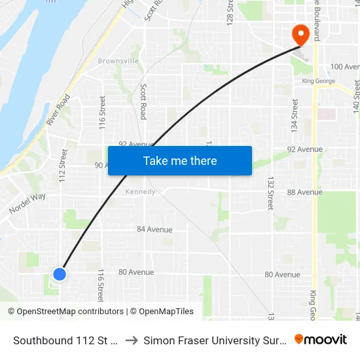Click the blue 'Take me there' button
[x=180, y=161]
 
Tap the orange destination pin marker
[x=301, y=35]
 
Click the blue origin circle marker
[x=60, y=274]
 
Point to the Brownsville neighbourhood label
[x=118, y=61]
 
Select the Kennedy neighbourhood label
[x=141, y=192]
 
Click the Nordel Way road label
[x=27, y=204]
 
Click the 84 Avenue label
[x=154, y=230]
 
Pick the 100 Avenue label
[x=345, y=67]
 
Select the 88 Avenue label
[x=305, y=192]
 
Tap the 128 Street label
[x=230, y=14]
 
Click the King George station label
[x=318, y=81]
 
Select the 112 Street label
[x=63, y=166]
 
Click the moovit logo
[x=321, y=339]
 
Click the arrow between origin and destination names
[x=131, y=340]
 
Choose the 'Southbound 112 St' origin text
[x=65, y=340]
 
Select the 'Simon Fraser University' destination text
[x=215, y=340]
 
